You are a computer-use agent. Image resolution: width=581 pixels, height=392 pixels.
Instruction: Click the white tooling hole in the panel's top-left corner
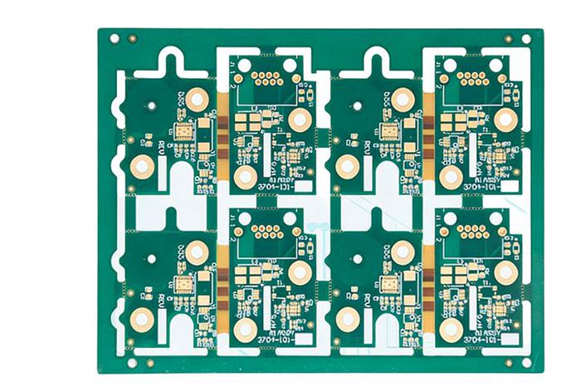(x=114, y=37)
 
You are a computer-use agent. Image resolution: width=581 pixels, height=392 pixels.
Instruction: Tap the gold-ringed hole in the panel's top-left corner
(x=130, y=37)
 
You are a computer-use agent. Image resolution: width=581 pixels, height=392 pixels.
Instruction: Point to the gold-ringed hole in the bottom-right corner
(x=509, y=363)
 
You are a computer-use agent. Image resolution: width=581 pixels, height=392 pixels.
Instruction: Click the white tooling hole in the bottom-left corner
(x=134, y=362)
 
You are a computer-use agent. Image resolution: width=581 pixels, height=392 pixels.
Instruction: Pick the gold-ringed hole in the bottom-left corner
(x=149, y=362)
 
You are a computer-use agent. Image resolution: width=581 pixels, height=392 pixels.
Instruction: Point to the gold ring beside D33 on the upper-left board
(x=197, y=100)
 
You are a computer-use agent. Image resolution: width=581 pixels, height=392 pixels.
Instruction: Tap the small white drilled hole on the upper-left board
(x=152, y=105)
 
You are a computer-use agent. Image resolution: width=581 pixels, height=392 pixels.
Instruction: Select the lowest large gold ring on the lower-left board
(x=142, y=317)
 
